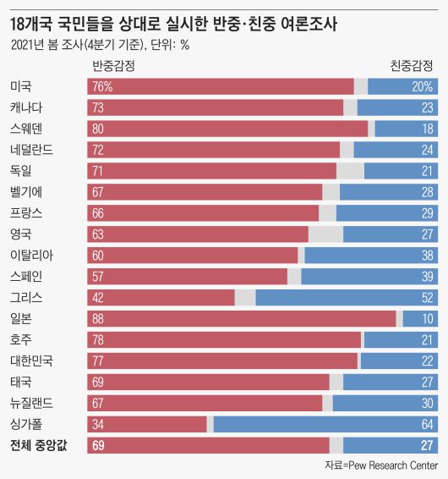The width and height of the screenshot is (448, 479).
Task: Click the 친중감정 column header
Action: point(412,65)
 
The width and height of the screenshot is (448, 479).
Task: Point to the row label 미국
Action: point(21,86)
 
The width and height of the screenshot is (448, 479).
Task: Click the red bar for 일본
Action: point(241,318)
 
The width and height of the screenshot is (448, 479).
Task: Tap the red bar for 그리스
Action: point(161,297)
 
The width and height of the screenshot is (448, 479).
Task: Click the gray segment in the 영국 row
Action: point(325,234)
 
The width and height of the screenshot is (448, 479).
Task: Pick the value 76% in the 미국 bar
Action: point(102,86)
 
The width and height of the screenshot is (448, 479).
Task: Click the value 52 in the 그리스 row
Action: point(427,297)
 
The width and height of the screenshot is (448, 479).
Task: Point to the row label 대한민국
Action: point(31,361)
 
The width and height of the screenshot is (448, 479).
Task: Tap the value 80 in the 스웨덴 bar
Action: point(98,129)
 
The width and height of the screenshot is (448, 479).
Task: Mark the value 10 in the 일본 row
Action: point(427,318)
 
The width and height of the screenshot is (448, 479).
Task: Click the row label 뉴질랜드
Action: point(31,403)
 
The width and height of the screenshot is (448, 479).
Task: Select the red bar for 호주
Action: point(224,339)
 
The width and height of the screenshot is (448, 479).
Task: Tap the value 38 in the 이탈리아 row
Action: point(427,255)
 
